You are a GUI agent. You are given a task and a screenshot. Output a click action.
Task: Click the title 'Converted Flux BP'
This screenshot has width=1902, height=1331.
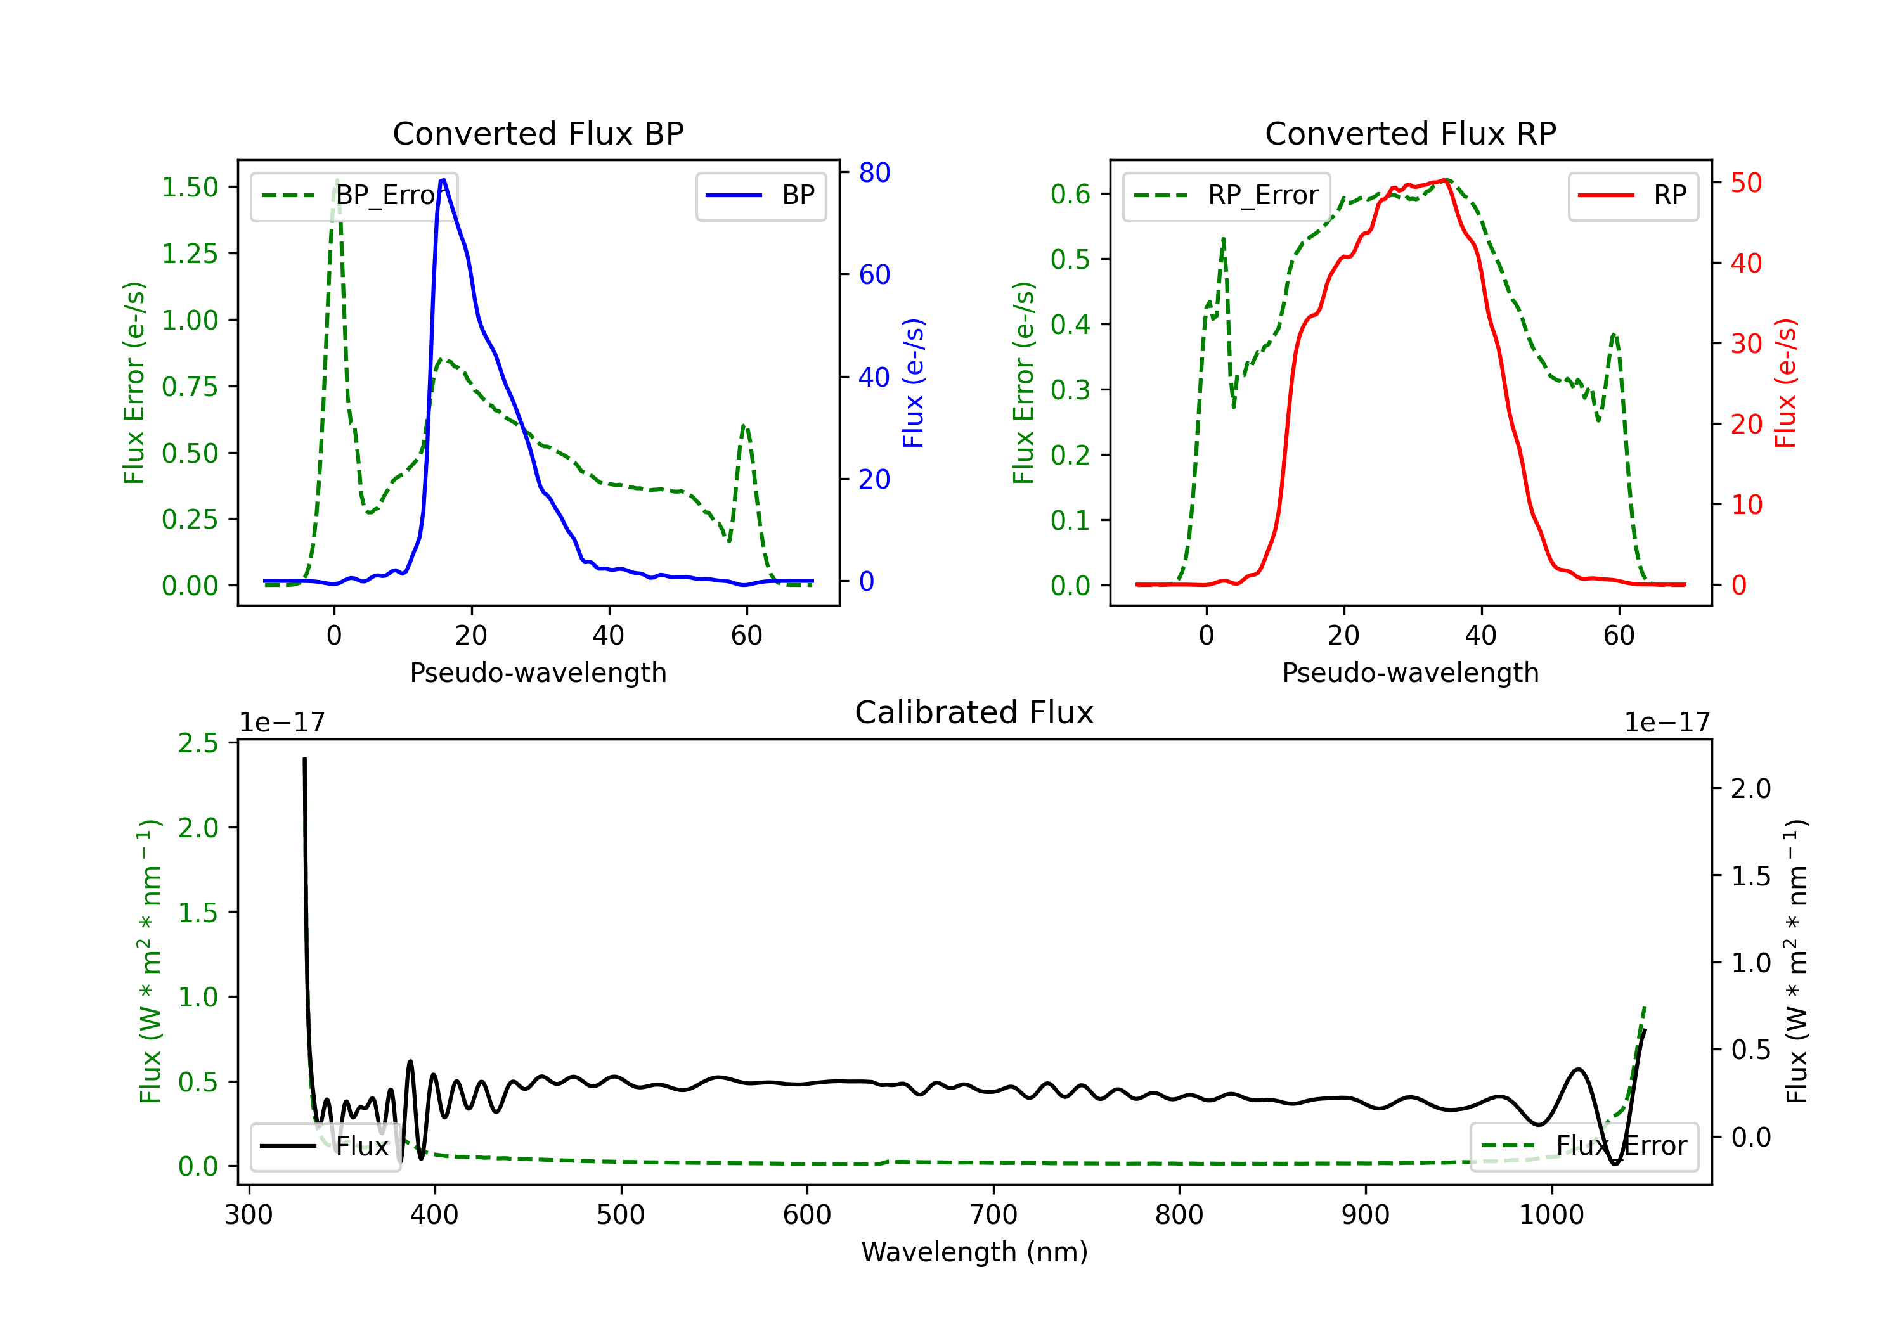coord(538,133)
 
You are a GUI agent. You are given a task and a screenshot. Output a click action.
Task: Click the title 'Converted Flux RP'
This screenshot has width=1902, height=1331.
coord(1410,133)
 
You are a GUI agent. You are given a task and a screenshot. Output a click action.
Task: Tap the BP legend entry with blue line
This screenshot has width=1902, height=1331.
coord(761,195)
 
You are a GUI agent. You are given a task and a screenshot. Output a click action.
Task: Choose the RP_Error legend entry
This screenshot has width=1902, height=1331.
coord(1226,195)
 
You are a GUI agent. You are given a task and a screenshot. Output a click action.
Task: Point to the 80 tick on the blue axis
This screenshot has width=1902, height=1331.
coord(874,172)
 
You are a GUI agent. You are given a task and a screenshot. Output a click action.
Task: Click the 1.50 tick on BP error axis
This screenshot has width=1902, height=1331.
coord(190,187)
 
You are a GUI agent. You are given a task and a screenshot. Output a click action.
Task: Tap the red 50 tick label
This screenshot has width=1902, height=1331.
coord(1746,183)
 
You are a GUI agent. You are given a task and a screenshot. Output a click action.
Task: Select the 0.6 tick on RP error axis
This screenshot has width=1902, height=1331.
coord(1070,194)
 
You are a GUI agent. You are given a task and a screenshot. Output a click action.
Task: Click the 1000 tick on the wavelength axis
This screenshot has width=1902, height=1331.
coord(1551,1215)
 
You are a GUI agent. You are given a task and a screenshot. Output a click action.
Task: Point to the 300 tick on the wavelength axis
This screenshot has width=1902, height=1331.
coord(249,1215)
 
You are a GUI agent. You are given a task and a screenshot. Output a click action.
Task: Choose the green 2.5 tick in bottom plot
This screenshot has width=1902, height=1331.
coord(198,743)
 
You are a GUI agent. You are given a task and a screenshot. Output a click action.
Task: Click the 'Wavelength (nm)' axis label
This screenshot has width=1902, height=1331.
coord(974,1252)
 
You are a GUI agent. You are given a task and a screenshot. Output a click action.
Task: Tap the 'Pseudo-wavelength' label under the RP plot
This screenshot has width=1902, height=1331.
coord(1410,672)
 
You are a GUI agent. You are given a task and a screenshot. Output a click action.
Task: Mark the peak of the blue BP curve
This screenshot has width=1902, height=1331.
coord(443,180)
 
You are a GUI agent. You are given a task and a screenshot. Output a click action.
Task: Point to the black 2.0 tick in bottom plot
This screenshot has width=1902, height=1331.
coord(1750,788)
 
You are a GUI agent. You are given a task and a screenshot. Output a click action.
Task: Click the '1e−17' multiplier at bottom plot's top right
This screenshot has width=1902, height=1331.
coord(1667,723)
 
